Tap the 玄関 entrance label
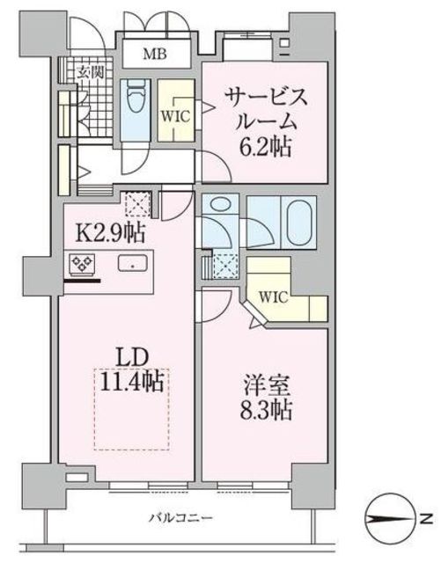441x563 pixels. click(x=86, y=71)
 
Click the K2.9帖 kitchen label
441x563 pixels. click(x=111, y=234)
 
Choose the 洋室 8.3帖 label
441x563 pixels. click(x=266, y=398)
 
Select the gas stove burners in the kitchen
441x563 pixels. click(x=85, y=263)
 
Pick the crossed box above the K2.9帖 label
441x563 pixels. click(x=138, y=204)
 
